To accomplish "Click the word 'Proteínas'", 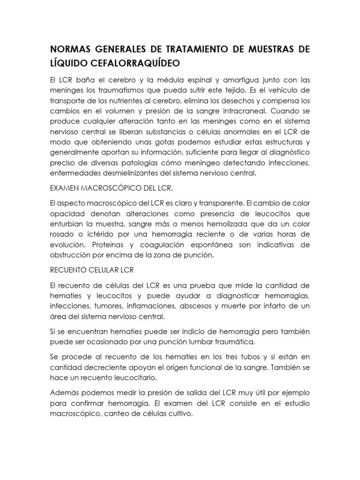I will coord(107,245).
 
